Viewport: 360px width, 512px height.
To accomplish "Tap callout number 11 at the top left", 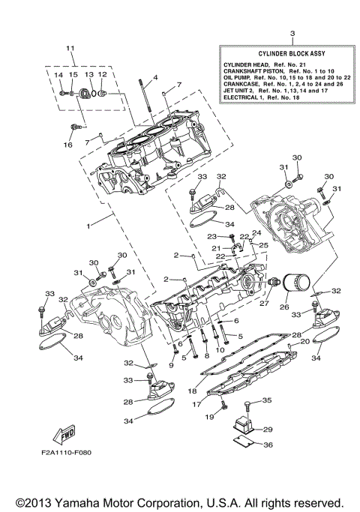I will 70,49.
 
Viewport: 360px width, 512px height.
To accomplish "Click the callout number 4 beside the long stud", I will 154,78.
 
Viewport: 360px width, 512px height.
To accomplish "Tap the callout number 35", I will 267,401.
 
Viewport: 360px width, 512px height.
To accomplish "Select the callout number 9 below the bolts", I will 172,365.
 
